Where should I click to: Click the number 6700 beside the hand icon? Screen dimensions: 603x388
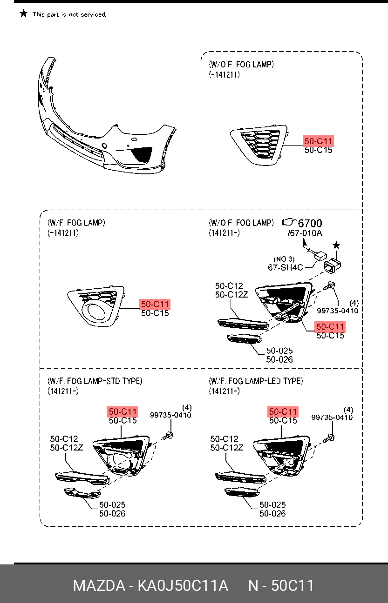pos(310,223)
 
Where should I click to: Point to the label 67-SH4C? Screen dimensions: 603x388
pos(285,267)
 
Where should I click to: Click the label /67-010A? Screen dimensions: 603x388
pos(305,232)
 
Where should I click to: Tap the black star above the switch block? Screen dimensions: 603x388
pos(336,245)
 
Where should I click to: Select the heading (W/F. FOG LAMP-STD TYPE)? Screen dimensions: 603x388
pos(95,381)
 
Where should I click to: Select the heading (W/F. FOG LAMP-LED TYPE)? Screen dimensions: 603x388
pos(256,381)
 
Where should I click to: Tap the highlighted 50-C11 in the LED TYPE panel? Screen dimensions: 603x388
pos(283,411)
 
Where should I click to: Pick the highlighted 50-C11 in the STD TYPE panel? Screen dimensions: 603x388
pos(123,411)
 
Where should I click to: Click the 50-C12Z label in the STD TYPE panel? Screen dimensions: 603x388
pos(66,448)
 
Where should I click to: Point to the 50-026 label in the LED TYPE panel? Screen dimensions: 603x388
pos(272,513)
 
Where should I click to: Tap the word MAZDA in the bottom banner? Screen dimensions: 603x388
pos(98,585)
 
